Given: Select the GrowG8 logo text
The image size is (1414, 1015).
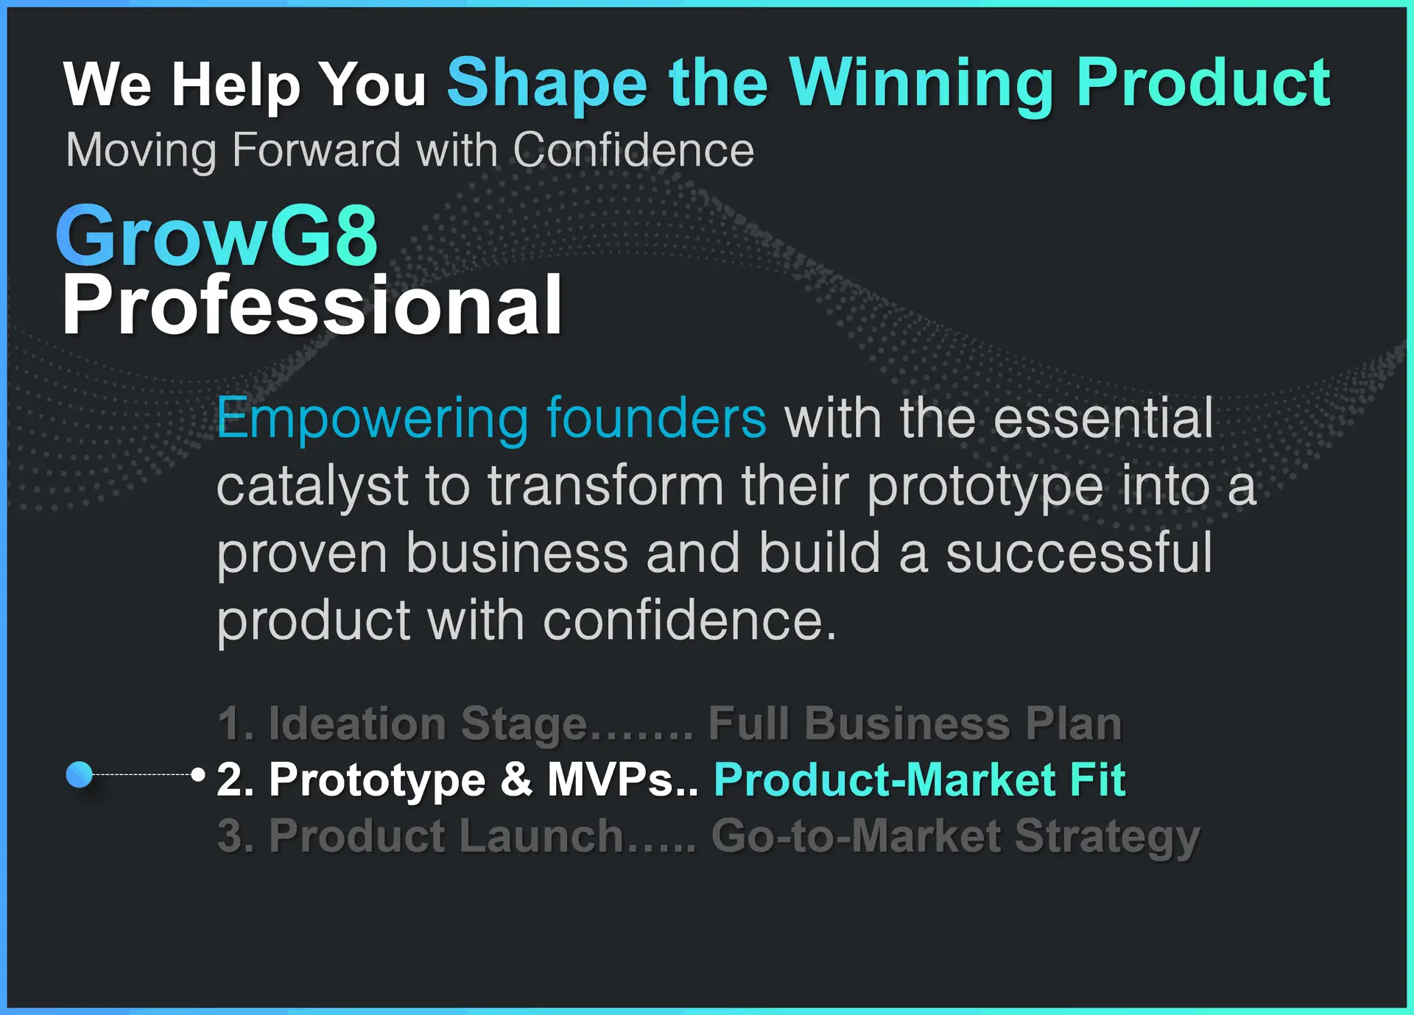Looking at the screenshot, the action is [x=217, y=236].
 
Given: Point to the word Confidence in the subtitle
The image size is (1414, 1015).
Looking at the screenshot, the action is [x=633, y=149].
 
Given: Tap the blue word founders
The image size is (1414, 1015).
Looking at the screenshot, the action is [x=656, y=417].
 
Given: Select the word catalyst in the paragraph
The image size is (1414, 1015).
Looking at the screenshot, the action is [x=312, y=487].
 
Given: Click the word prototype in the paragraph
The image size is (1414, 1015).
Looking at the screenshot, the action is [x=985, y=488].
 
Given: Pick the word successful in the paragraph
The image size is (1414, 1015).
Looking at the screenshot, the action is [x=1079, y=553].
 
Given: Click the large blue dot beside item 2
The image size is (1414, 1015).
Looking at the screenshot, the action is [x=80, y=774].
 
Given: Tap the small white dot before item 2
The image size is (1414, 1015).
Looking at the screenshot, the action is [x=197, y=774].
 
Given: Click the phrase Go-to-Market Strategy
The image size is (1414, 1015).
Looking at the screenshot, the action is [x=956, y=838].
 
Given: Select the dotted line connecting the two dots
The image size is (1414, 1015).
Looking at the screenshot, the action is [x=141, y=774].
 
